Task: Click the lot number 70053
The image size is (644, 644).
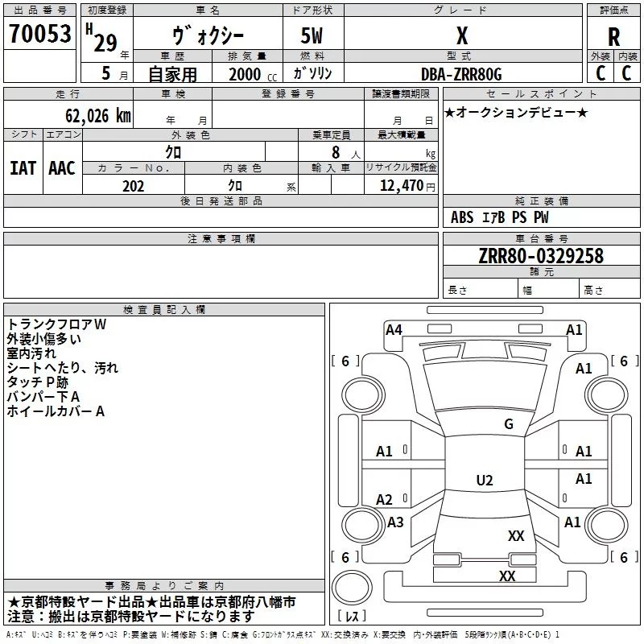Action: pyautogui.click(x=39, y=33)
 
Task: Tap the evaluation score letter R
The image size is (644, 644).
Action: pyautogui.click(x=613, y=37)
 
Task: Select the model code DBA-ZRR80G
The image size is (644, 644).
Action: pyautogui.click(x=461, y=74)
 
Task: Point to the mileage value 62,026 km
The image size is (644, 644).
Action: pyautogui.click(x=97, y=116)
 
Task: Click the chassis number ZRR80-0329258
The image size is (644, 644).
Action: pyautogui.click(x=541, y=256)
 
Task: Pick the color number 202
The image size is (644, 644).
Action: pyautogui.click(x=133, y=186)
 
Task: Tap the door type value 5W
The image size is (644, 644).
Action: pyautogui.click(x=312, y=35)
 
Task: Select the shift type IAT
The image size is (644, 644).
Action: pyautogui.click(x=23, y=168)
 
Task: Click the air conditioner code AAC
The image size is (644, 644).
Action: pyautogui.click(x=62, y=168)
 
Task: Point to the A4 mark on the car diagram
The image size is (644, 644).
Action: pyautogui.click(x=394, y=330)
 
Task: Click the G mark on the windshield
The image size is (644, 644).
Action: pyautogui.click(x=509, y=424)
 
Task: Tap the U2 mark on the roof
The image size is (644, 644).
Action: pyautogui.click(x=485, y=480)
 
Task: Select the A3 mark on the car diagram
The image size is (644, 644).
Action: pyautogui.click(x=395, y=522)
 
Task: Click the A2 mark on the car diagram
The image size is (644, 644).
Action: pyautogui.click(x=384, y=500)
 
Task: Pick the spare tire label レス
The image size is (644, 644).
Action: pyautogui.click(x=352, y=616)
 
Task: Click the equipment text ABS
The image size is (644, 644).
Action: pyautogui.click(x=462, y=217)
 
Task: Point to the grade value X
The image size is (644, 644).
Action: pyautogui.click(x=462, y=35)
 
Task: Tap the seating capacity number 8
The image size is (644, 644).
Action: pyautogui.click(x=336, y=152)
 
